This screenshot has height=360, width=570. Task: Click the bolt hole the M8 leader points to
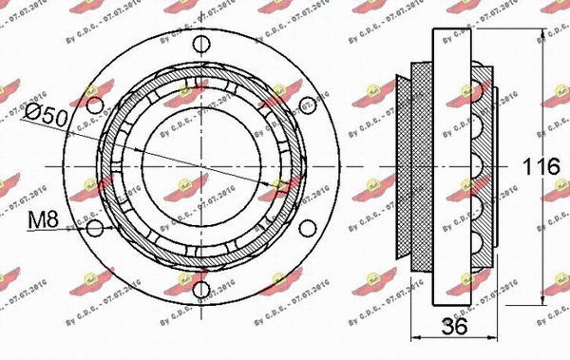pos(93,229)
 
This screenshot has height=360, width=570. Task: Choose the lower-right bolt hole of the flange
pos(306,229)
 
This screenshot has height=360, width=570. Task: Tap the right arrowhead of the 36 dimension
pos(495,338)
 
